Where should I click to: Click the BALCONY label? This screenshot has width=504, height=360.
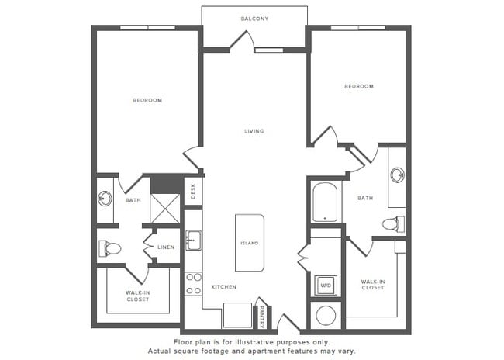point(254,19)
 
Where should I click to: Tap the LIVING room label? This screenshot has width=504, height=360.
point(254,131)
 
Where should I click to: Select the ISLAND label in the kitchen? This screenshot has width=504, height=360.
point(250,243)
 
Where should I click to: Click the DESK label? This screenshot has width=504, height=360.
point(193,191)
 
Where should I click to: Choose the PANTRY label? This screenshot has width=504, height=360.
point(263,315)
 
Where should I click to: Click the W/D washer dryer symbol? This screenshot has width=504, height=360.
point(325,285)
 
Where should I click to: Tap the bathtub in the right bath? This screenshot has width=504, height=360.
point(325,202)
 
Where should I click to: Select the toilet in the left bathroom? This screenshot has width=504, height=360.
point(109,248)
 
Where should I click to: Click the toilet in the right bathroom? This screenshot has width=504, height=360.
point(392,224)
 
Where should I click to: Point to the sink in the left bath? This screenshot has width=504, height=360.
point(105,199)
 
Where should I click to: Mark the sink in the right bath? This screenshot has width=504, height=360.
point(397,175)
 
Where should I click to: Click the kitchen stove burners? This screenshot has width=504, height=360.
point(193,283)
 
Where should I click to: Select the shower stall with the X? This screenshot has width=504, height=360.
point(164,209)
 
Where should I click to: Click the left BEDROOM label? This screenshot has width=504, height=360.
point(147,100)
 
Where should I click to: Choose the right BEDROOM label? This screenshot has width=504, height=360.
point(359,86)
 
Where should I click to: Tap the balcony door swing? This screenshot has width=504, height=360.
point(241,41)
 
